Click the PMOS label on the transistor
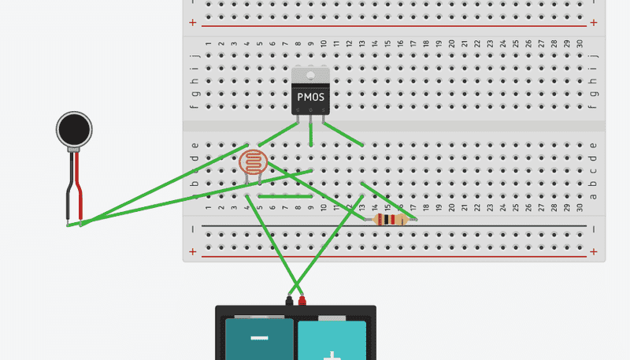click(x=310, y=97)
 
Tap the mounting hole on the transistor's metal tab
click(x=310, y=76)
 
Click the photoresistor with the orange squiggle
click(x=253, y=164)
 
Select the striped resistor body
click(x=391, y=220)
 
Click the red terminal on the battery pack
click(x=301, y=300)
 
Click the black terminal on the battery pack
click(x=289, y=300)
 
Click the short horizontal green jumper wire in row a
click(x=285, y=196)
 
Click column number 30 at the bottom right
click(x=580, y=207)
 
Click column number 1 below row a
click(x=208, y=207)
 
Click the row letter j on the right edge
click(x=593, y=57)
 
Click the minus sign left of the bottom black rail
click(x=193, y=228)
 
